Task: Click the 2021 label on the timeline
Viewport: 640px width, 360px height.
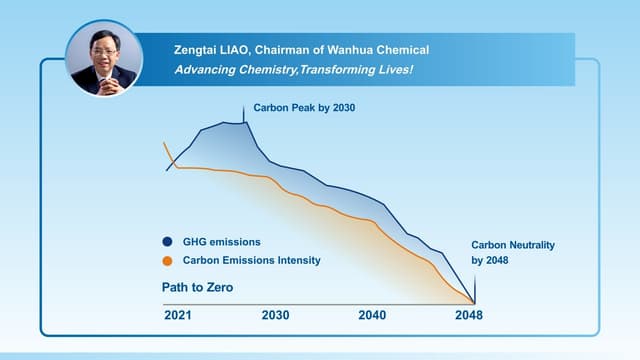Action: point(178,315)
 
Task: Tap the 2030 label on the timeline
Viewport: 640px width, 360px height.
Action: point(275,315)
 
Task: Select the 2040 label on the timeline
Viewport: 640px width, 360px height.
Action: point(372,315)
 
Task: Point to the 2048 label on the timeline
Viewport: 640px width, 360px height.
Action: point(468,315)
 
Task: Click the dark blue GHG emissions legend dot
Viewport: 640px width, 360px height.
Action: point(167,242)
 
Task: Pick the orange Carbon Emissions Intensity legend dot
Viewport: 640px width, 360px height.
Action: point(167,261)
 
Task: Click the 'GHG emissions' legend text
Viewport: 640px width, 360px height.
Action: point(222,242)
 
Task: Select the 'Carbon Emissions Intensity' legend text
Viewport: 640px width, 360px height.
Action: point(252,261)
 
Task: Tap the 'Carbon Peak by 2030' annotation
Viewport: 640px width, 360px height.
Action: point(304,107)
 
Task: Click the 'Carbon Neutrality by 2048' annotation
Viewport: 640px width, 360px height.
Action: point(512,252)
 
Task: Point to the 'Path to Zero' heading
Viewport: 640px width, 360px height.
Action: point(197,288)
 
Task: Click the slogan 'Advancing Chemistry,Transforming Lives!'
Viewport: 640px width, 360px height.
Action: point(294,70)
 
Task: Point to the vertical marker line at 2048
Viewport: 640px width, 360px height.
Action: point(474,291)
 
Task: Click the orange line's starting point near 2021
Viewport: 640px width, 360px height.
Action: point(165,144)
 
